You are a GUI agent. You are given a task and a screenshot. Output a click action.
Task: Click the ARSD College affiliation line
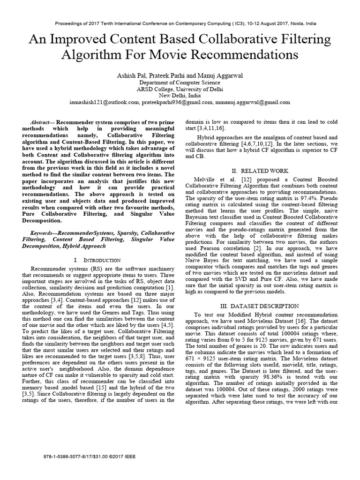[x=180, y=88]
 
